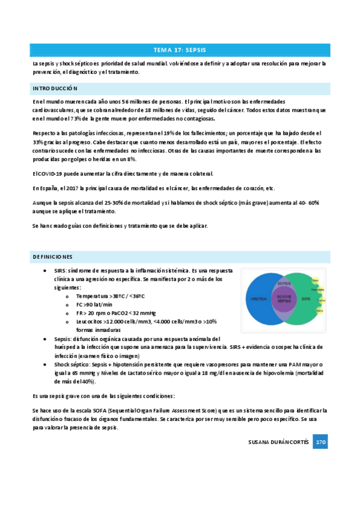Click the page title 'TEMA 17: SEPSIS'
tap(180, 50)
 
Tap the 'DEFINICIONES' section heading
tap(53, 257)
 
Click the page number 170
tap(320, 442)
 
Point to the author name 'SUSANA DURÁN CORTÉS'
tap(278, 442)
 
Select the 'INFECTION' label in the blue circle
tap(258, 298)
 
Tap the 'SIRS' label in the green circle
tap(307, 298)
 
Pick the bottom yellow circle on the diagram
tap(320, 311)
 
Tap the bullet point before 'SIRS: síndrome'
tap(47, 271)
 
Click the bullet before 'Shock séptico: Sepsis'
tap(47, 364)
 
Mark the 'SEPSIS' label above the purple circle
tap(284, 283)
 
